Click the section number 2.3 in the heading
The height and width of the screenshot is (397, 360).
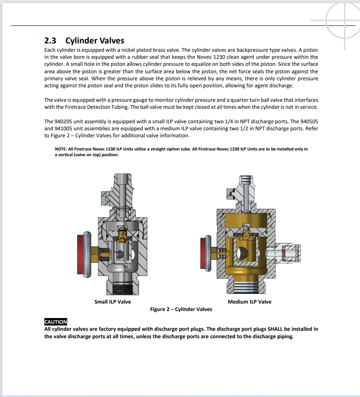pos(51,41)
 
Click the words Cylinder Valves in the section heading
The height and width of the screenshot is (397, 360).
pos(95,41)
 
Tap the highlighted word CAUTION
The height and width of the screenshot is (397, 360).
pos(56,322)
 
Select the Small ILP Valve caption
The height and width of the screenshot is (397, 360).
pos(112,302)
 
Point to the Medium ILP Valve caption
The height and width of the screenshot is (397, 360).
pos(249,302)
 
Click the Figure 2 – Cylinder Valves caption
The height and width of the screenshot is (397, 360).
pos(181,309)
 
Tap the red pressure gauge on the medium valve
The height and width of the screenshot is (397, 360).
pos(206,253)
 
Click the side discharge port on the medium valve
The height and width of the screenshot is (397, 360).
pos(289,254)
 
